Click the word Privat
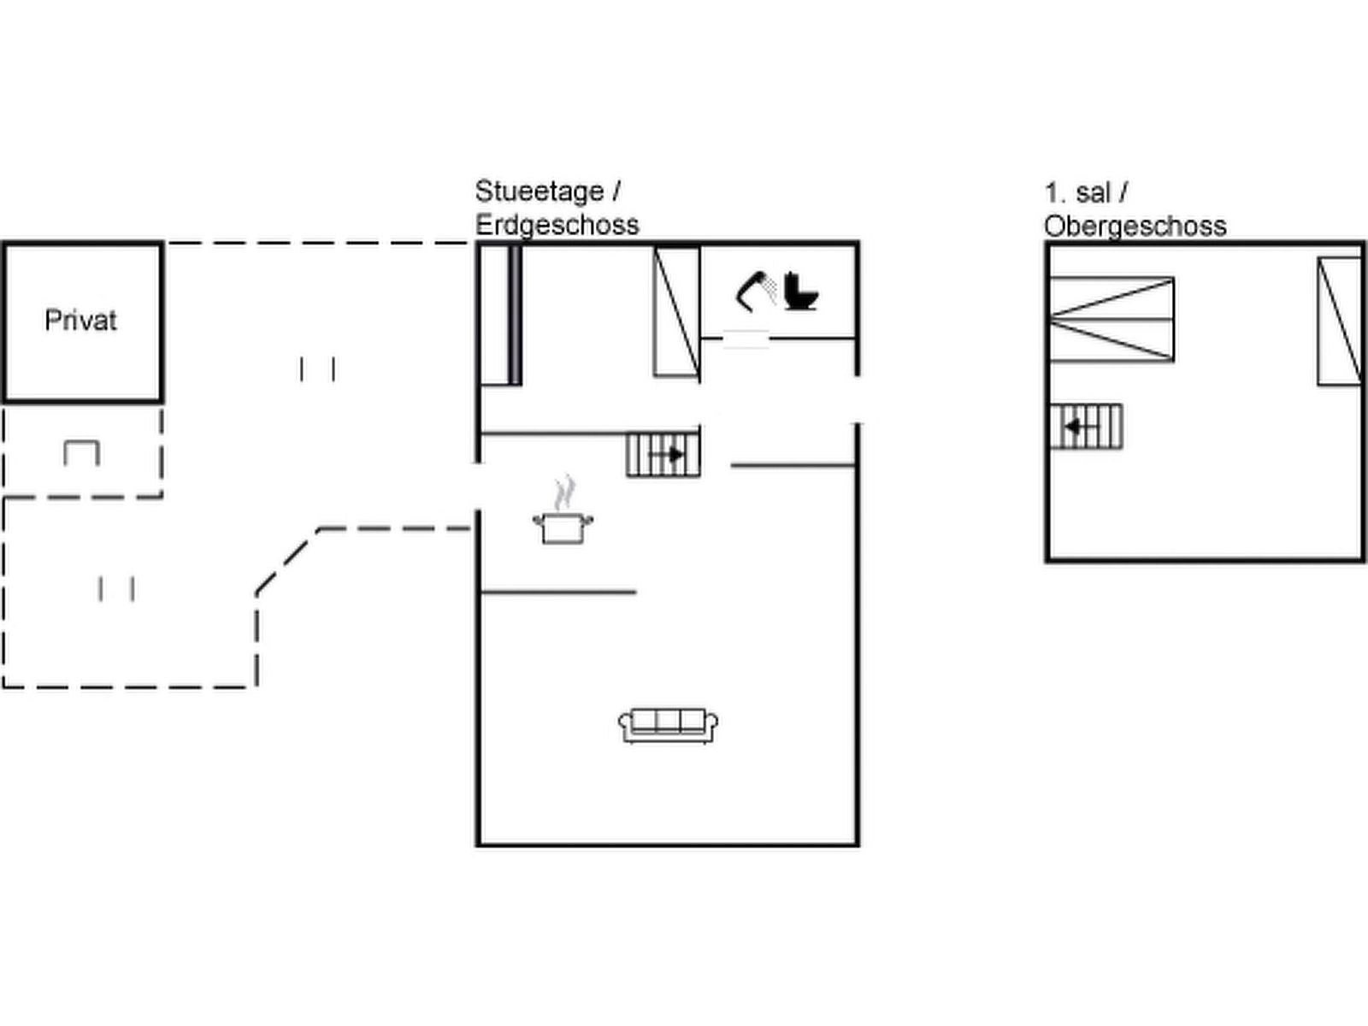[x=80, y=321]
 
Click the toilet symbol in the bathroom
[x=800, y=292]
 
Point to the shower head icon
[x=756, y=292]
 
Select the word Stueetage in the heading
[x=539, y=191]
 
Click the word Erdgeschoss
[x=557, y=225]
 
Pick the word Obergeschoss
[x=1135, y=226]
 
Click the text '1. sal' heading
[x=1077, y=192]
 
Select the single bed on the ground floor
[x=676, y=311]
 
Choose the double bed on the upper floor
[x=1111, y=319]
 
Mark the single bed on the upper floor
[x=1339, y=321]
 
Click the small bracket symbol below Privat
[x=82, y=452]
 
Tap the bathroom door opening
[x=746, y=339]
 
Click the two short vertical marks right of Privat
[x=317, y=369]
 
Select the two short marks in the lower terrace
[x=116, y=589]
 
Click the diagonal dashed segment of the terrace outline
[x=288, y=560]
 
